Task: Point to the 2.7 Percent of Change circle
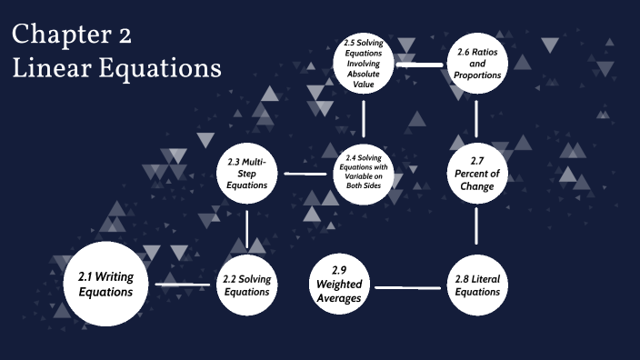[x=477, y=173]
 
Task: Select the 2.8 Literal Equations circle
[x=477, y=285]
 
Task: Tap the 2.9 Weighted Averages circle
[x=339, y=285]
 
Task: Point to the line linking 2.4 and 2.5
[x=364, y=118]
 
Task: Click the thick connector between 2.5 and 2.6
[x=420, y=65]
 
